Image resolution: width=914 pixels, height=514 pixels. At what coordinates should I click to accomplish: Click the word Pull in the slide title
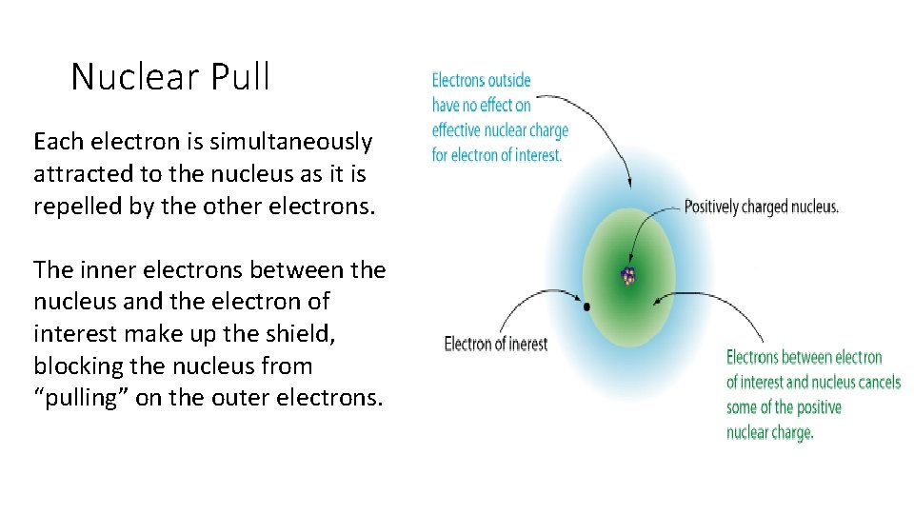click(244, 77)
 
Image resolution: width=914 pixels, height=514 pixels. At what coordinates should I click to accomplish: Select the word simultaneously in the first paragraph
click(286, 143)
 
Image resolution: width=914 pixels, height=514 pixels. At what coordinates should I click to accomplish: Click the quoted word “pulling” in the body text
click(81, 398)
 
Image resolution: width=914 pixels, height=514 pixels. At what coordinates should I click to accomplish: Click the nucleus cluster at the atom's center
click(627, 277)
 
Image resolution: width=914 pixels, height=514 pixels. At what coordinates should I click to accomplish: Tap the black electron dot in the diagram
click(586, 306)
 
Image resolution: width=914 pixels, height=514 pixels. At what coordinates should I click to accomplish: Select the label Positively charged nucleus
click(761, 207)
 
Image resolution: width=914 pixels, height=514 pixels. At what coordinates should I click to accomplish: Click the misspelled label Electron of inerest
click(495, 344)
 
